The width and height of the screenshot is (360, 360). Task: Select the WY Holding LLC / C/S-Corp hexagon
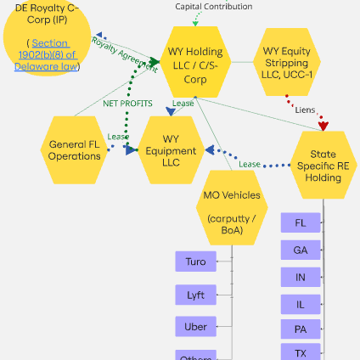[x=195, y=64]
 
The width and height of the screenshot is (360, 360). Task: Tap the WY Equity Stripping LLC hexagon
[x=291, y=64]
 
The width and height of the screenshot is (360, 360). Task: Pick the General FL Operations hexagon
[x=75, y=150]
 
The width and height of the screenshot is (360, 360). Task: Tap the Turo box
[x=196, y=262]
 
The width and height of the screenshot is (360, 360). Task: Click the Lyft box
[x=196, y=295]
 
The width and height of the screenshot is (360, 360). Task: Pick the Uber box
[x=196, y=327]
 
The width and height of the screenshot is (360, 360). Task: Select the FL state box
[x=301, y=223]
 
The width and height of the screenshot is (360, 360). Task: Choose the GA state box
[x=301, y=250]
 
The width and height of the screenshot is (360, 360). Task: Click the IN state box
[x=301, y=277]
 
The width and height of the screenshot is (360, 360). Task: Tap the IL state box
[x=301, y=303]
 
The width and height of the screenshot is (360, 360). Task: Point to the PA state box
[x=301, y=329]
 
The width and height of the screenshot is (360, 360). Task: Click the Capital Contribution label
[x=213, y=7]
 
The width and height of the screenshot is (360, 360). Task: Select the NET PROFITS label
[x=127, y=104]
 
